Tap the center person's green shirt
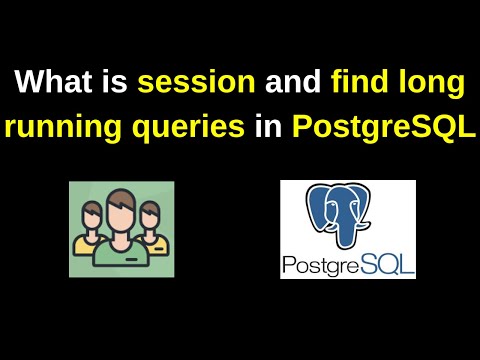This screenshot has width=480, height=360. pos(120,255)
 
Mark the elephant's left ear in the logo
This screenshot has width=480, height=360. pos(321,205)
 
